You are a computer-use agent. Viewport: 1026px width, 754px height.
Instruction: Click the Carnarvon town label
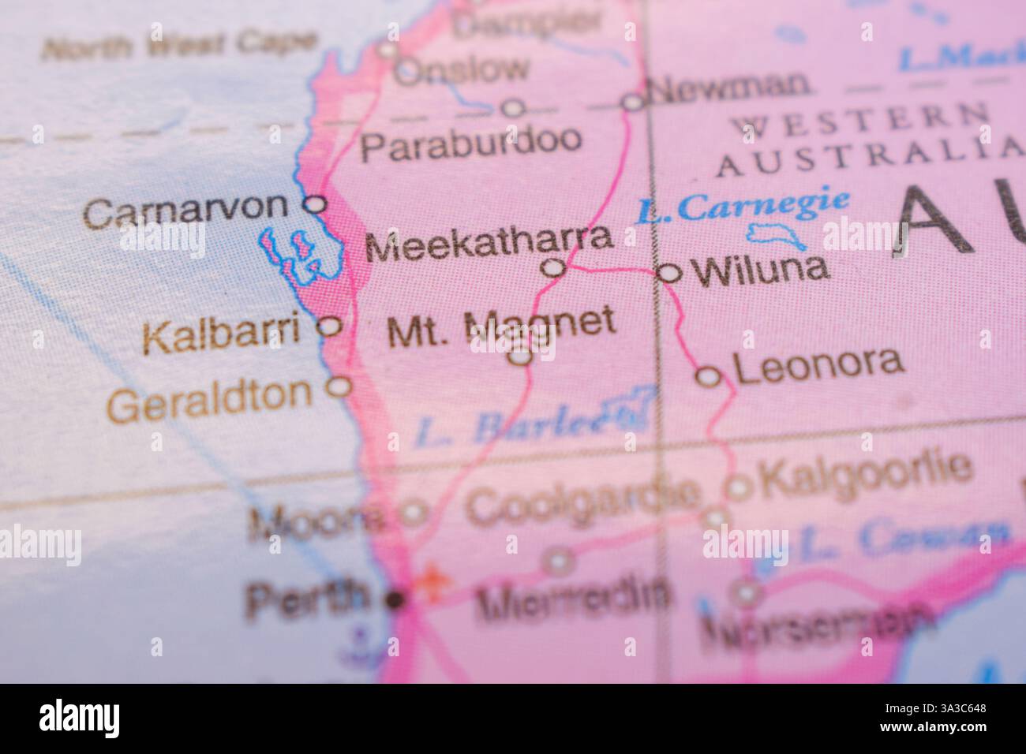pyautogui.click(x=186, y=211)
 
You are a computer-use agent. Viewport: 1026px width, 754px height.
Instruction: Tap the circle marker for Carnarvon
pyautogui.click(x=316, y=204)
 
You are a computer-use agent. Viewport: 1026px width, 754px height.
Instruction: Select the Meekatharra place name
pyautogui.click(x=489, y=244)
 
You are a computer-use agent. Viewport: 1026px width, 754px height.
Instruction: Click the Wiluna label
pyautogui.click(x=760, y=270)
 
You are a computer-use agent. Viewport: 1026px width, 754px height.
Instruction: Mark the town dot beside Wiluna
pyautogui.click(x=669, y=274)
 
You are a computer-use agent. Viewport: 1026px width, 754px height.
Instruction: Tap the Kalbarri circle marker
pyautogui.click(x=330, y=326)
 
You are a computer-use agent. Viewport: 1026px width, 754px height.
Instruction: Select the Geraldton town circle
pyautogui.click(x=339, y=386)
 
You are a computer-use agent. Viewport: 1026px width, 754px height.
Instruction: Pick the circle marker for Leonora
pyautogui.click(x=710, y=377)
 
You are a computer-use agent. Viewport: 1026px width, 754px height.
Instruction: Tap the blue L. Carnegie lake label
pyautogui.click(x=744, y=207)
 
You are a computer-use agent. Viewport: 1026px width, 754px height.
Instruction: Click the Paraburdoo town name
pyautogui.click(x=472, y=144)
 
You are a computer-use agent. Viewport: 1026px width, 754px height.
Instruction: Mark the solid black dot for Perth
pyautogui.click(x=395, y=600)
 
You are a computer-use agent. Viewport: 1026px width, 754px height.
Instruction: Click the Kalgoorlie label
pyautogui.click(x=863, y=471)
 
